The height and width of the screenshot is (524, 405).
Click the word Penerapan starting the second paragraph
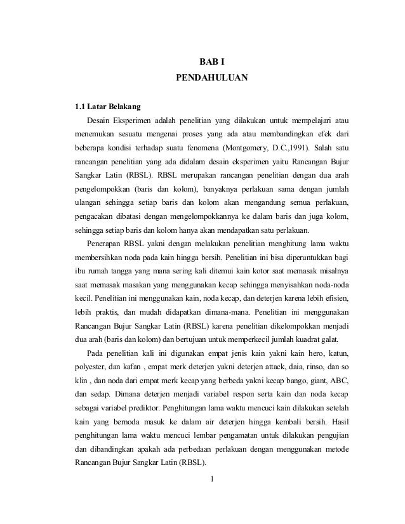[x=107, y=245]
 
